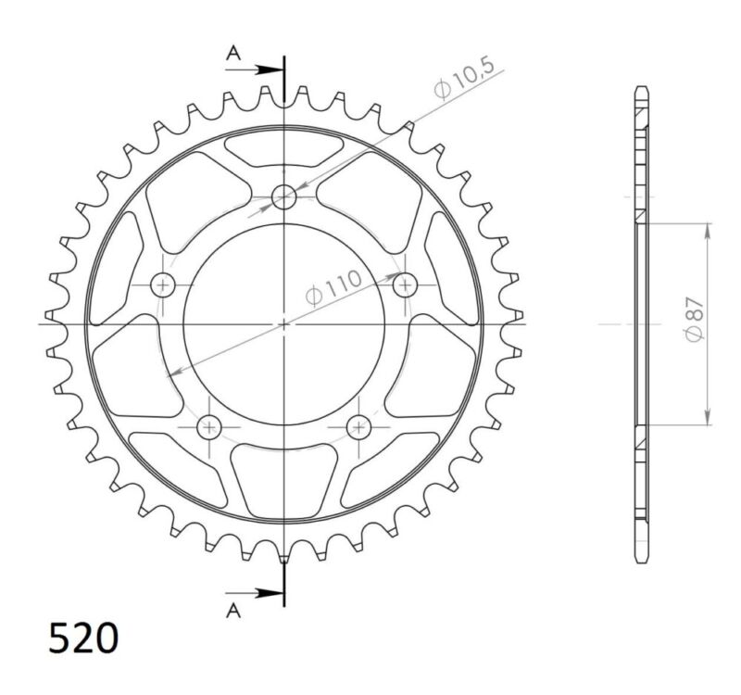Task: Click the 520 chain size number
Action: (83, 639)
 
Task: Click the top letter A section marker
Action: (235, 55)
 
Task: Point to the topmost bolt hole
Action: (284, 196)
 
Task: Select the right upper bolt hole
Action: (404, 285)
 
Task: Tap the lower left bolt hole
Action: (208, 426)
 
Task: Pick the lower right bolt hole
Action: (358, 426)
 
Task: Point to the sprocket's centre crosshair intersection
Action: (284, 323)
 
